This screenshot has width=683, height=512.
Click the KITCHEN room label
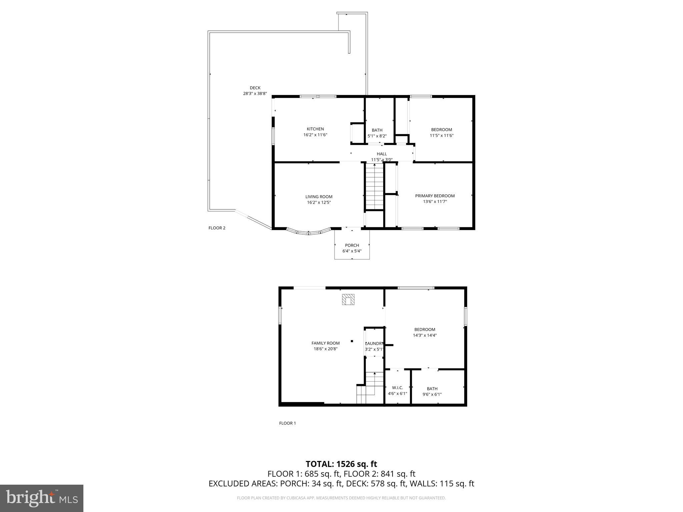point(315,129)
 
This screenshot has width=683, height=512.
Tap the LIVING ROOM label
point(319,197)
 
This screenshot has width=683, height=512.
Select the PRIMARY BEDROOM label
point(435,196)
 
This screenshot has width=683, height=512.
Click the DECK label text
point(255,88)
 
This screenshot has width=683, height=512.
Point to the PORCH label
point(352,245)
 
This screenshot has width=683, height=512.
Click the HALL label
point(382,154)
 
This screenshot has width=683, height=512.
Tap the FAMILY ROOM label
point(325,343)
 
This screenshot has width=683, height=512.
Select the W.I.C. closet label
point(398,388)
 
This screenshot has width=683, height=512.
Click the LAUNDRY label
point(375,343)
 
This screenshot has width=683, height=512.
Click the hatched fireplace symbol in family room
point(348,299)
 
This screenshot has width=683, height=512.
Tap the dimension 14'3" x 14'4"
point(425,335)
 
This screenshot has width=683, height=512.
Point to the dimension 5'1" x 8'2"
point(377,136)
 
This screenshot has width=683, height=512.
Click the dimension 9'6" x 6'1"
point(432,394)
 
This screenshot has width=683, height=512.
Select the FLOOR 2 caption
point(217,228)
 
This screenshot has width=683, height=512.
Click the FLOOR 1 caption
point(287,423)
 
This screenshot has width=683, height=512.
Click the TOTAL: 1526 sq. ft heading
point(341,464)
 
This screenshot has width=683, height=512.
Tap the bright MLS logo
point(42,498)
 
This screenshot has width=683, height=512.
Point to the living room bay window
point(308,232)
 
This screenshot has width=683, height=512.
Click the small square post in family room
point(352,341)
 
